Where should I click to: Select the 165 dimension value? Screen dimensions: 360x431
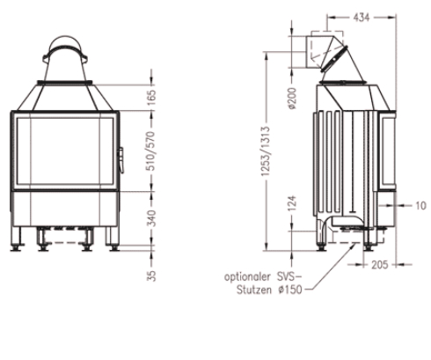[153, 95]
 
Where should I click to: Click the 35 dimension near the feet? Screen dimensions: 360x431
[153, 276]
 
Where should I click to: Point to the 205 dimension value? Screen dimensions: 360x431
[379, 264]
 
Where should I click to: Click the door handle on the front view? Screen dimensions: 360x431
[121, 157]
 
